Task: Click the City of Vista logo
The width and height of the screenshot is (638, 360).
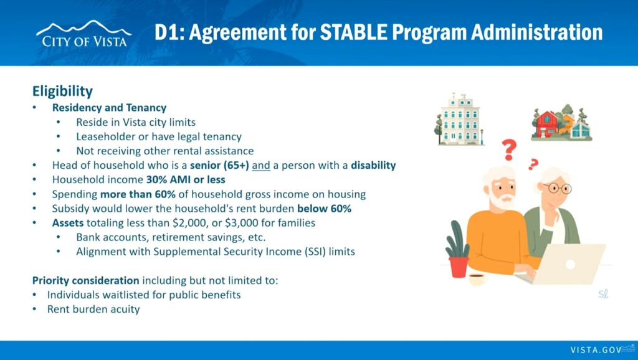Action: pyautogui.click(x=84, y=34)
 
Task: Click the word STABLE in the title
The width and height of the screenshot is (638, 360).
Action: pyautogui.click(x=353, y=32)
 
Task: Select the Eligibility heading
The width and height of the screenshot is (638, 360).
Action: pyautogui.click(x=63, y=91)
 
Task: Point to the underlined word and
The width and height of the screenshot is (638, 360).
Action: pyautogui.click(x=261, y=166)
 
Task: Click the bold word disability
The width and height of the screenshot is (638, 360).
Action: pyautogui.click(x=373, y=166)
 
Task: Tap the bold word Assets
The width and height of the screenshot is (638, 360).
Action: pyautogui.click(x=67, y=223)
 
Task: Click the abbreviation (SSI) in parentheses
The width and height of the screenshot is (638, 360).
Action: pyautogui.click(x=315, y=252)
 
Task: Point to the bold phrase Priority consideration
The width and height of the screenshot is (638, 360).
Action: pyautogui.click(x=86, y=281)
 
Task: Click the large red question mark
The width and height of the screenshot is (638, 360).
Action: pyautogui.click(x=508, y=149)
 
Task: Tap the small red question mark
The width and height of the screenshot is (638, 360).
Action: pyautogui.click(x=533, y=164)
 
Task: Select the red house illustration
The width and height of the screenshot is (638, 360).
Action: pyautogui.click(x=546, y=124)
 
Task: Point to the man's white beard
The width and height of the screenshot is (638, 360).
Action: pyautogui.click(x=502, y=200)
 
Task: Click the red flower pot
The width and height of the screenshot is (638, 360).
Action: pyautogui.click(x=458, y=267)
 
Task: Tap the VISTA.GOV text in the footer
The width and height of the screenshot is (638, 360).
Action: pyautogui.click(x=596, y=350)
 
